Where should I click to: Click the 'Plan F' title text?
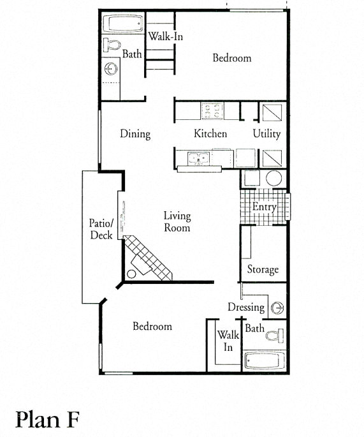48,419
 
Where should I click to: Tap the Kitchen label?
210,134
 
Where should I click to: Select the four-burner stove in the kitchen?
212,110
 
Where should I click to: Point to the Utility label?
266,134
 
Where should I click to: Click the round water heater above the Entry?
273,179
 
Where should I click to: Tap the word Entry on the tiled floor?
264,207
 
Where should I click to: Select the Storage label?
263,269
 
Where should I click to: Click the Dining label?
135,134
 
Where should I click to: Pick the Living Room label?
177,222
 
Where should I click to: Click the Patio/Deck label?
101,229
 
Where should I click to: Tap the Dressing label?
246,307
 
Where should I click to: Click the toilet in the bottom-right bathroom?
275,335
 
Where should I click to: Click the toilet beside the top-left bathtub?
112,45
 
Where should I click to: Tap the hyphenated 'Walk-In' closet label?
166,36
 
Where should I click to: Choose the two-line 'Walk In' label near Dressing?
228,341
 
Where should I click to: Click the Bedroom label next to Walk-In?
231,58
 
